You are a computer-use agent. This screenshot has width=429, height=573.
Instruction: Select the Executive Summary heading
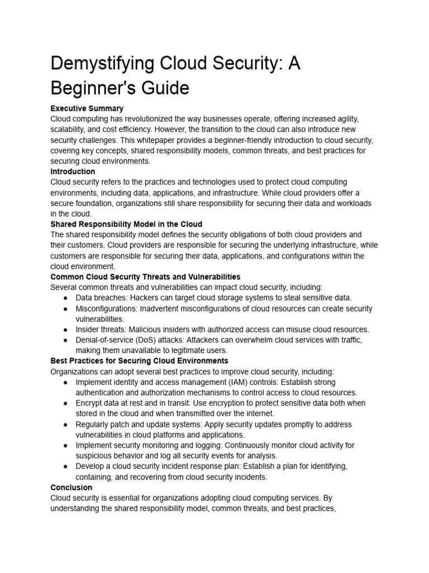point(87,108)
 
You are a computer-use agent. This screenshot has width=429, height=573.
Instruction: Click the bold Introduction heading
point(73,171)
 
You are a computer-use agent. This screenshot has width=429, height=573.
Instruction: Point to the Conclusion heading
point(71,487)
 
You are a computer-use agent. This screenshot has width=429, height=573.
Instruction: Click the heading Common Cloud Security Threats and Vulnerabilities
point(145,276)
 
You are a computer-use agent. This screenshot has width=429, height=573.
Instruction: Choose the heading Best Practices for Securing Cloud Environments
point(139,361)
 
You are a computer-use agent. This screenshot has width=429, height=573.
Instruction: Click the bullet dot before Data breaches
point(65,298)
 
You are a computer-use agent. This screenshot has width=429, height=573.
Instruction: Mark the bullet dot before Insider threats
point(65,330)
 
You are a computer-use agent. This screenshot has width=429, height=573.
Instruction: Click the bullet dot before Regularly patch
point(65,425)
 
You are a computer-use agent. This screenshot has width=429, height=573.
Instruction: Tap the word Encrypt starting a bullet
point(90,403)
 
